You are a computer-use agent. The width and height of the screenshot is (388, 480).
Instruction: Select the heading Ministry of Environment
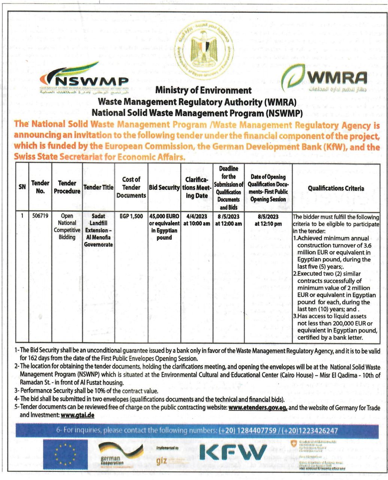[x=203, y=90]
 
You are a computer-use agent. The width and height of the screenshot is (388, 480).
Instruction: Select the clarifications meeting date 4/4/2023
[x=196, y=216]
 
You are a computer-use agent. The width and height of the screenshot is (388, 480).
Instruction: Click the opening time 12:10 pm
[x=268, y=224]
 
